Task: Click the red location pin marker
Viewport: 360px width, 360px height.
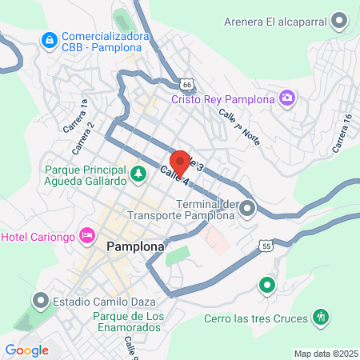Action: [180, 162]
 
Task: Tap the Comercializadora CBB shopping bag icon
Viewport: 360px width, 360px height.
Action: [50, 38]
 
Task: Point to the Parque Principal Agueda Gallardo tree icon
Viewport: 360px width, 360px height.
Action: [139, 172]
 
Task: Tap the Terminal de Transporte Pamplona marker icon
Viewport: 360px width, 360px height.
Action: [247, 210]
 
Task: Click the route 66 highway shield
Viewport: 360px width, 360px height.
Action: [186, 83]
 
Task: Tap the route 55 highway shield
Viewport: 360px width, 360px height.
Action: [266, 246]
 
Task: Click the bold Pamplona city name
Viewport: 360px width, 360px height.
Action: [135, 248]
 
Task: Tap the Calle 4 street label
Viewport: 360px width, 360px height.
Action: [174, 177]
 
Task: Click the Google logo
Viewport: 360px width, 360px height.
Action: [26, 350]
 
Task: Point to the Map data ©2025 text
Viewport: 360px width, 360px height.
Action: [325, 354]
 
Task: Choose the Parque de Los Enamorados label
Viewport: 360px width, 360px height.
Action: [129, 324]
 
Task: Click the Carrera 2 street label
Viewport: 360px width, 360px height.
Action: [85, 138]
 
